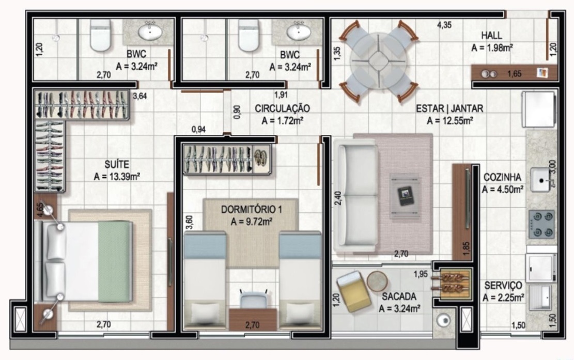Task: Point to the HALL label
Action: point(491,36)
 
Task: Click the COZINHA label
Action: point(502,177)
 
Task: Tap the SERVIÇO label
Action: point(503,286)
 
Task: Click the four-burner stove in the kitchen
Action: point(540,225)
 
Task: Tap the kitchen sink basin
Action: point(542,181)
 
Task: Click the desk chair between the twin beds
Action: point(253,300)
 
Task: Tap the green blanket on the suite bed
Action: point(114,261)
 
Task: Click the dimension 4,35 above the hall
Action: point(444,24)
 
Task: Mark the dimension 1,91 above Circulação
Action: point(281,95)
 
